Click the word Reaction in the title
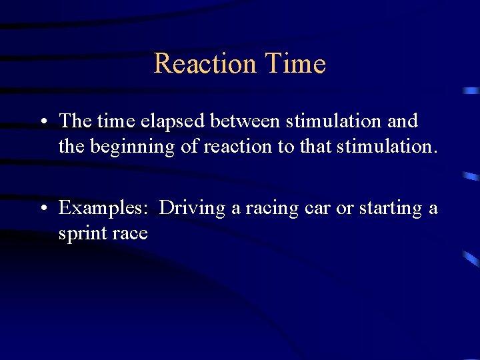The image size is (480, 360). (205, 64)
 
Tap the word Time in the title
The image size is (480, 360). (295, 64)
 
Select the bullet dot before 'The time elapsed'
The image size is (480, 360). (42, 122)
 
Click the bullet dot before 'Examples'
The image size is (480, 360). (42, 209)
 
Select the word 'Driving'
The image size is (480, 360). (193, 208)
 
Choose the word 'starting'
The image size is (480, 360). (390, 209)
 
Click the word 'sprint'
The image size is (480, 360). (80, 234)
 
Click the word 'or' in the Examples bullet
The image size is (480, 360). (345, 209)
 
